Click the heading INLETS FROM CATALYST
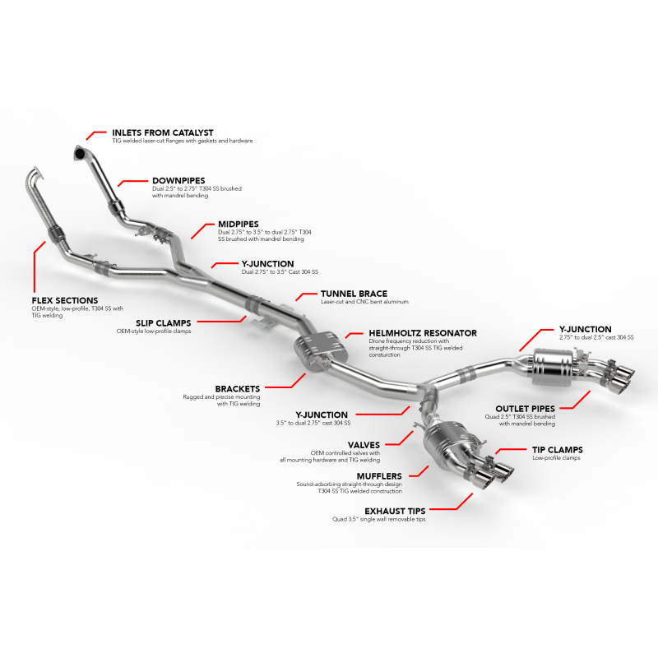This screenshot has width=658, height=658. tap(162, 132)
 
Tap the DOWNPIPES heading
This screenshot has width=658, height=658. tap(178, 181)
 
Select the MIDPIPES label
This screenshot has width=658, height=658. tap(239, 224)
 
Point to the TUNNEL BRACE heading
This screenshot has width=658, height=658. tap(354, 294)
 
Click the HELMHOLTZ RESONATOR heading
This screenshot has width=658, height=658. tap(423, 333)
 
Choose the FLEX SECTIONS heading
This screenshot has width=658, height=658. tap(65, 300)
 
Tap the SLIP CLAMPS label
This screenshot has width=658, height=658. tap(163, 323)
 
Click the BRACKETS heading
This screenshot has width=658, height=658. tap(238, 389)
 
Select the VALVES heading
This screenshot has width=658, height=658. tap(364, 445)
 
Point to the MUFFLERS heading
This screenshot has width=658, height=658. tap(379, 476)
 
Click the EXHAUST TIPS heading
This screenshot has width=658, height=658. tap(395, 511)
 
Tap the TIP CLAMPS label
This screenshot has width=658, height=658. tap(558, 450)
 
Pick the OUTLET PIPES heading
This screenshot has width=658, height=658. tap(526, 409)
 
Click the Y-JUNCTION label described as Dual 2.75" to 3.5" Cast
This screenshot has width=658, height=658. tap(268, 264)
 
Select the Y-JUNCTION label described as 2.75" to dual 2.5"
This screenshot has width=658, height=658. tap(586, 330)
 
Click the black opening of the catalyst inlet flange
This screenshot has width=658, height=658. tap(79, 154)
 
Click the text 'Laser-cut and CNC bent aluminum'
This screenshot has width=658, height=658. tap(364, 302)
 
